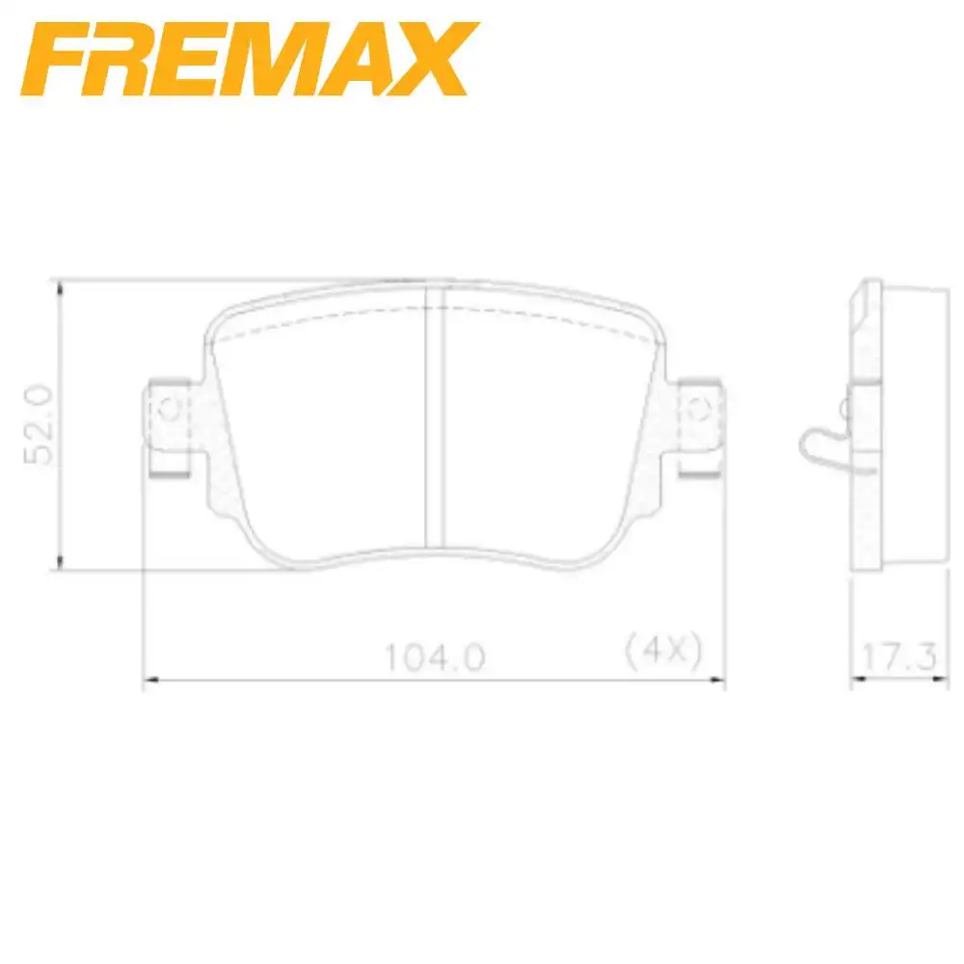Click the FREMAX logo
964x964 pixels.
249,59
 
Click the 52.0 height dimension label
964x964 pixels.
39,425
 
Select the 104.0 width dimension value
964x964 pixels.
435,656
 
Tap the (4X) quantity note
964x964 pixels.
663,651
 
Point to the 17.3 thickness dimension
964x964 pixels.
899,656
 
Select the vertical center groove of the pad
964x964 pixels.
434,416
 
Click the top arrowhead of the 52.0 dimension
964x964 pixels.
59,287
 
